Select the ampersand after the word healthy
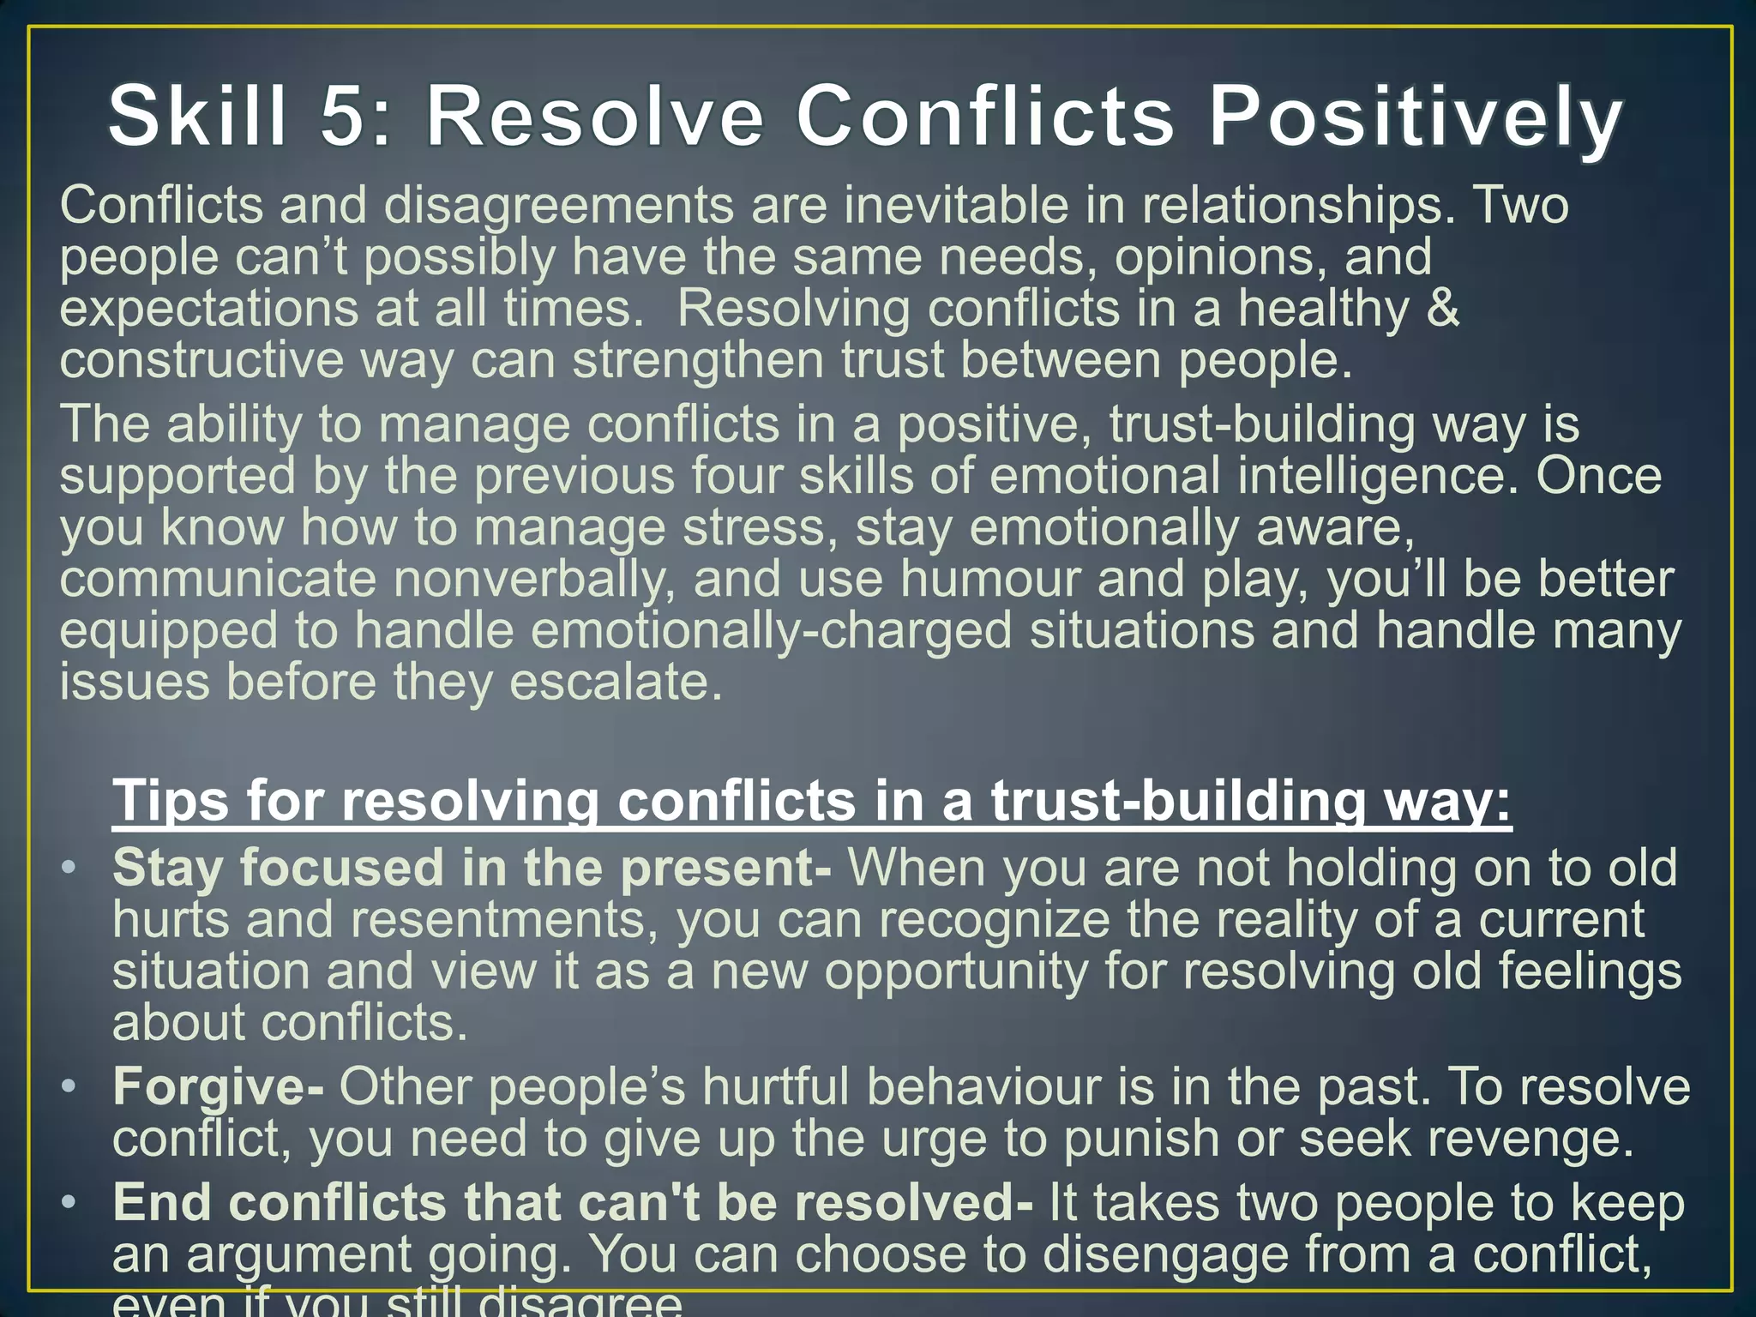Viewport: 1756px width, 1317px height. pyautogui.click(x=1443, y=309)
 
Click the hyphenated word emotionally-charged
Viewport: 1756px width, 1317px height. pyautogui.click(x=771, y=631)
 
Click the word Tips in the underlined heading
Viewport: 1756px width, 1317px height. pyautogui.click(x=171, y=801)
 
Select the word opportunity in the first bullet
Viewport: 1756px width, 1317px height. pyautogui.click(x=956, y=971)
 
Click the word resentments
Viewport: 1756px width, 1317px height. pyautogui.click(x=503, y=920)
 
